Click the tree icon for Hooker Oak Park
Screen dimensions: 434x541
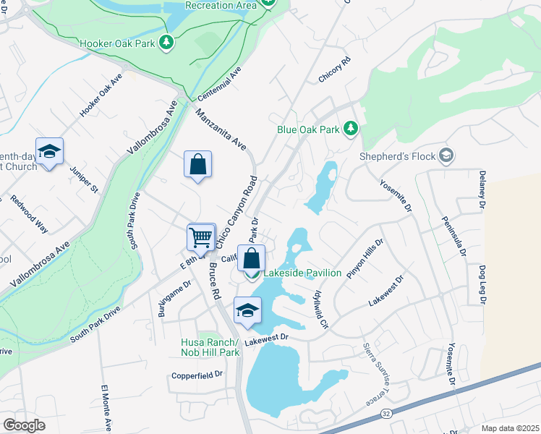coord(167,43)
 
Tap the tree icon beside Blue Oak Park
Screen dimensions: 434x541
coord(351,129)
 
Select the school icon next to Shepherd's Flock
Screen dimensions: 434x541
coord(446,155)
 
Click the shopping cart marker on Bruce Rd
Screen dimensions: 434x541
coord(201,236)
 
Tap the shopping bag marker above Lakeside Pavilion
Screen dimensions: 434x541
coord(251,258)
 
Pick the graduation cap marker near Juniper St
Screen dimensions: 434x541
coord(50,152)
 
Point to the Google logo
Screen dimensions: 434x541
coord(23,425)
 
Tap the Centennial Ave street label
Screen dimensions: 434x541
coord(219,85)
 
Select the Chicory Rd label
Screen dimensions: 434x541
coord(334,69)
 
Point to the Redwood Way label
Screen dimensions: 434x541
coord(30,213)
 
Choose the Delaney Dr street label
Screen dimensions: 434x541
coord(482,191)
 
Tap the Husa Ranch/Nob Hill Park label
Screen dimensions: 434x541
coord(210,347)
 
